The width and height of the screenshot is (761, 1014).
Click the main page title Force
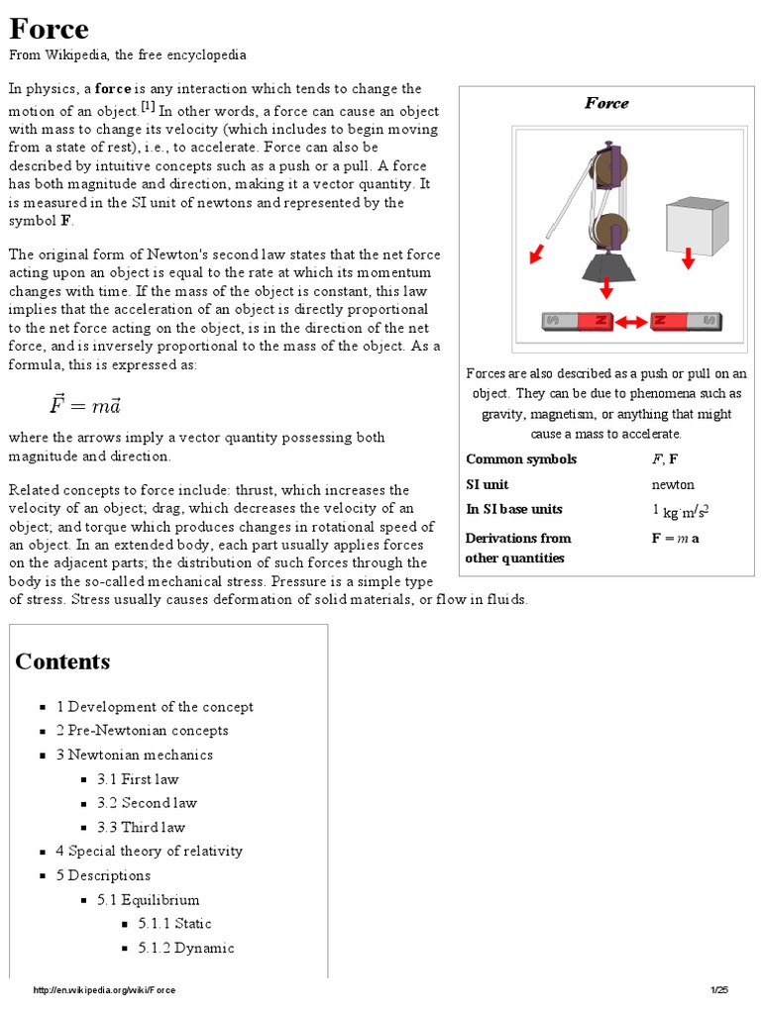click(50, 28)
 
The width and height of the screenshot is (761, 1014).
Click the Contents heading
click(62, 661)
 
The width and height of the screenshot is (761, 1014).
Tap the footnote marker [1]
click(148, 106)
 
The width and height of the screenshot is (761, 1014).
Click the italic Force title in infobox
click(606, 103)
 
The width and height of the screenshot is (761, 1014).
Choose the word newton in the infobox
click(673, 484)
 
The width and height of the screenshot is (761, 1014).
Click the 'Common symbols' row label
click(521, 459)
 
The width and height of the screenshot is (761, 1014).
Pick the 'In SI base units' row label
click(514, 509)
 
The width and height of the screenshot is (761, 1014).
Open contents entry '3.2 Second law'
click(147, 803)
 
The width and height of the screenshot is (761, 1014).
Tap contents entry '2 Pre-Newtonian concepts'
click(143, 731)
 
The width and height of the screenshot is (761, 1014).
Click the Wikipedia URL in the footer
click(104, 991)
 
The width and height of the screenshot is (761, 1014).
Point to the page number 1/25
click(719, 991)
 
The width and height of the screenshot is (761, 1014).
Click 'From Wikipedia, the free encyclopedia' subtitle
click(128, 55)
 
